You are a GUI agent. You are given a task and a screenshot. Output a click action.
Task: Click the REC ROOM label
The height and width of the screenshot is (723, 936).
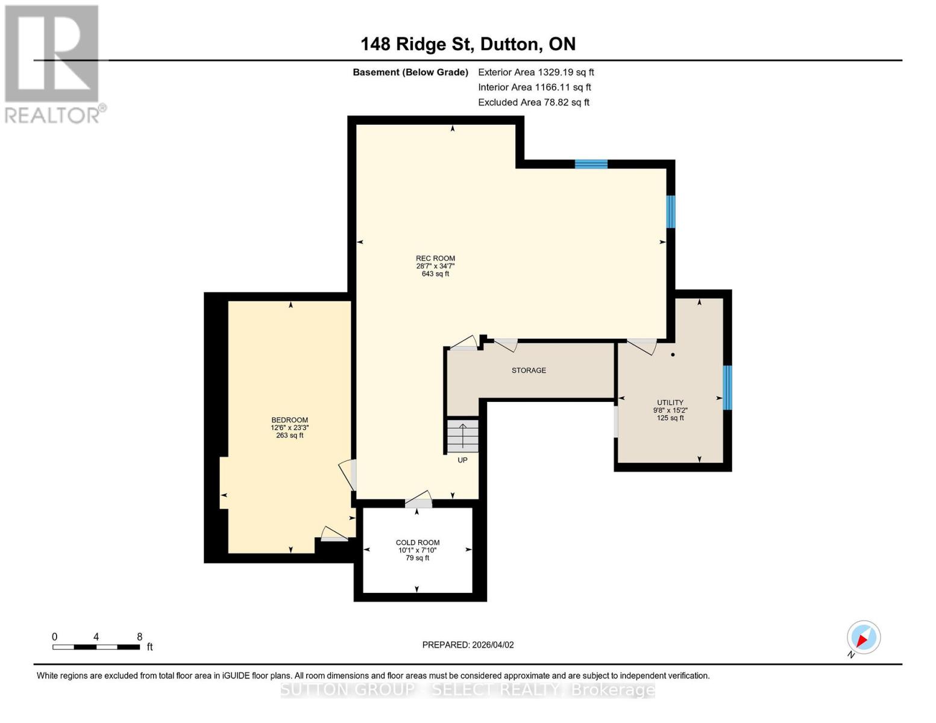point(435,258)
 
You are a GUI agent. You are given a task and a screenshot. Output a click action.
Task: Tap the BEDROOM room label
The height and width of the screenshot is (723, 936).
point(289,420)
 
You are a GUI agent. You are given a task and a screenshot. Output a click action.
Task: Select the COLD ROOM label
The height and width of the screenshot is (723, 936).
point(418,542)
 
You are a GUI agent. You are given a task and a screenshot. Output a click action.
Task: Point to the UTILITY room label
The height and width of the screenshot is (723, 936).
point(670,402)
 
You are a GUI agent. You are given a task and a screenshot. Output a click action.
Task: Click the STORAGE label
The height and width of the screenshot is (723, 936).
point(529,371)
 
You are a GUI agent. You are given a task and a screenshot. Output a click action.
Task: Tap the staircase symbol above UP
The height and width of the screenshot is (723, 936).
point(463,436)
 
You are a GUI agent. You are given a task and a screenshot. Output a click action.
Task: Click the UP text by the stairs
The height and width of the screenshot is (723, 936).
point(462,460)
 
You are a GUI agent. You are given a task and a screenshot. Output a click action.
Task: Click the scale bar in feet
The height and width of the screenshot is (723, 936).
point(96,647)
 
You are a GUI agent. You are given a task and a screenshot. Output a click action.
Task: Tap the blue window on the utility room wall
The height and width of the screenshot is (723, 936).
point(727,387)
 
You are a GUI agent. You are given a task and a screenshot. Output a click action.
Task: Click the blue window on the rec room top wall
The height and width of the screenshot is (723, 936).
point(591,164)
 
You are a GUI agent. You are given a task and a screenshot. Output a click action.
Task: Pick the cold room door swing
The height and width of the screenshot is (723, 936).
point(418,499)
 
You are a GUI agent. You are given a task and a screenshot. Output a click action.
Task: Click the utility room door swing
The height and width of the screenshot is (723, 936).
point(642,346)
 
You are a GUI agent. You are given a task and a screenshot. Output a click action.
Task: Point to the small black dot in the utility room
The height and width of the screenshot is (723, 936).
point(673,355)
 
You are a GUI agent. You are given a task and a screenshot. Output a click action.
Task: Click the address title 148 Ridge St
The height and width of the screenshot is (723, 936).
point(468,44)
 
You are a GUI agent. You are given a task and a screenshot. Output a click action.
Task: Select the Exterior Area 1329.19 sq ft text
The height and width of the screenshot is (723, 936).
point(536,72)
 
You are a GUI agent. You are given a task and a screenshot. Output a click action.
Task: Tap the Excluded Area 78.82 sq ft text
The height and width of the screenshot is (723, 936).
point(533,102)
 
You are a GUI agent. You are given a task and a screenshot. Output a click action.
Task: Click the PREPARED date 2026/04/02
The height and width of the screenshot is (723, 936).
point(468,645)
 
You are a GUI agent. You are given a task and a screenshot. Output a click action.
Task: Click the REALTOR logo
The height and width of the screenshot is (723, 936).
point(53,63)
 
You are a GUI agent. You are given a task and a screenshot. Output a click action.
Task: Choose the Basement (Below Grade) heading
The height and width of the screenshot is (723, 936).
point(410,72)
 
